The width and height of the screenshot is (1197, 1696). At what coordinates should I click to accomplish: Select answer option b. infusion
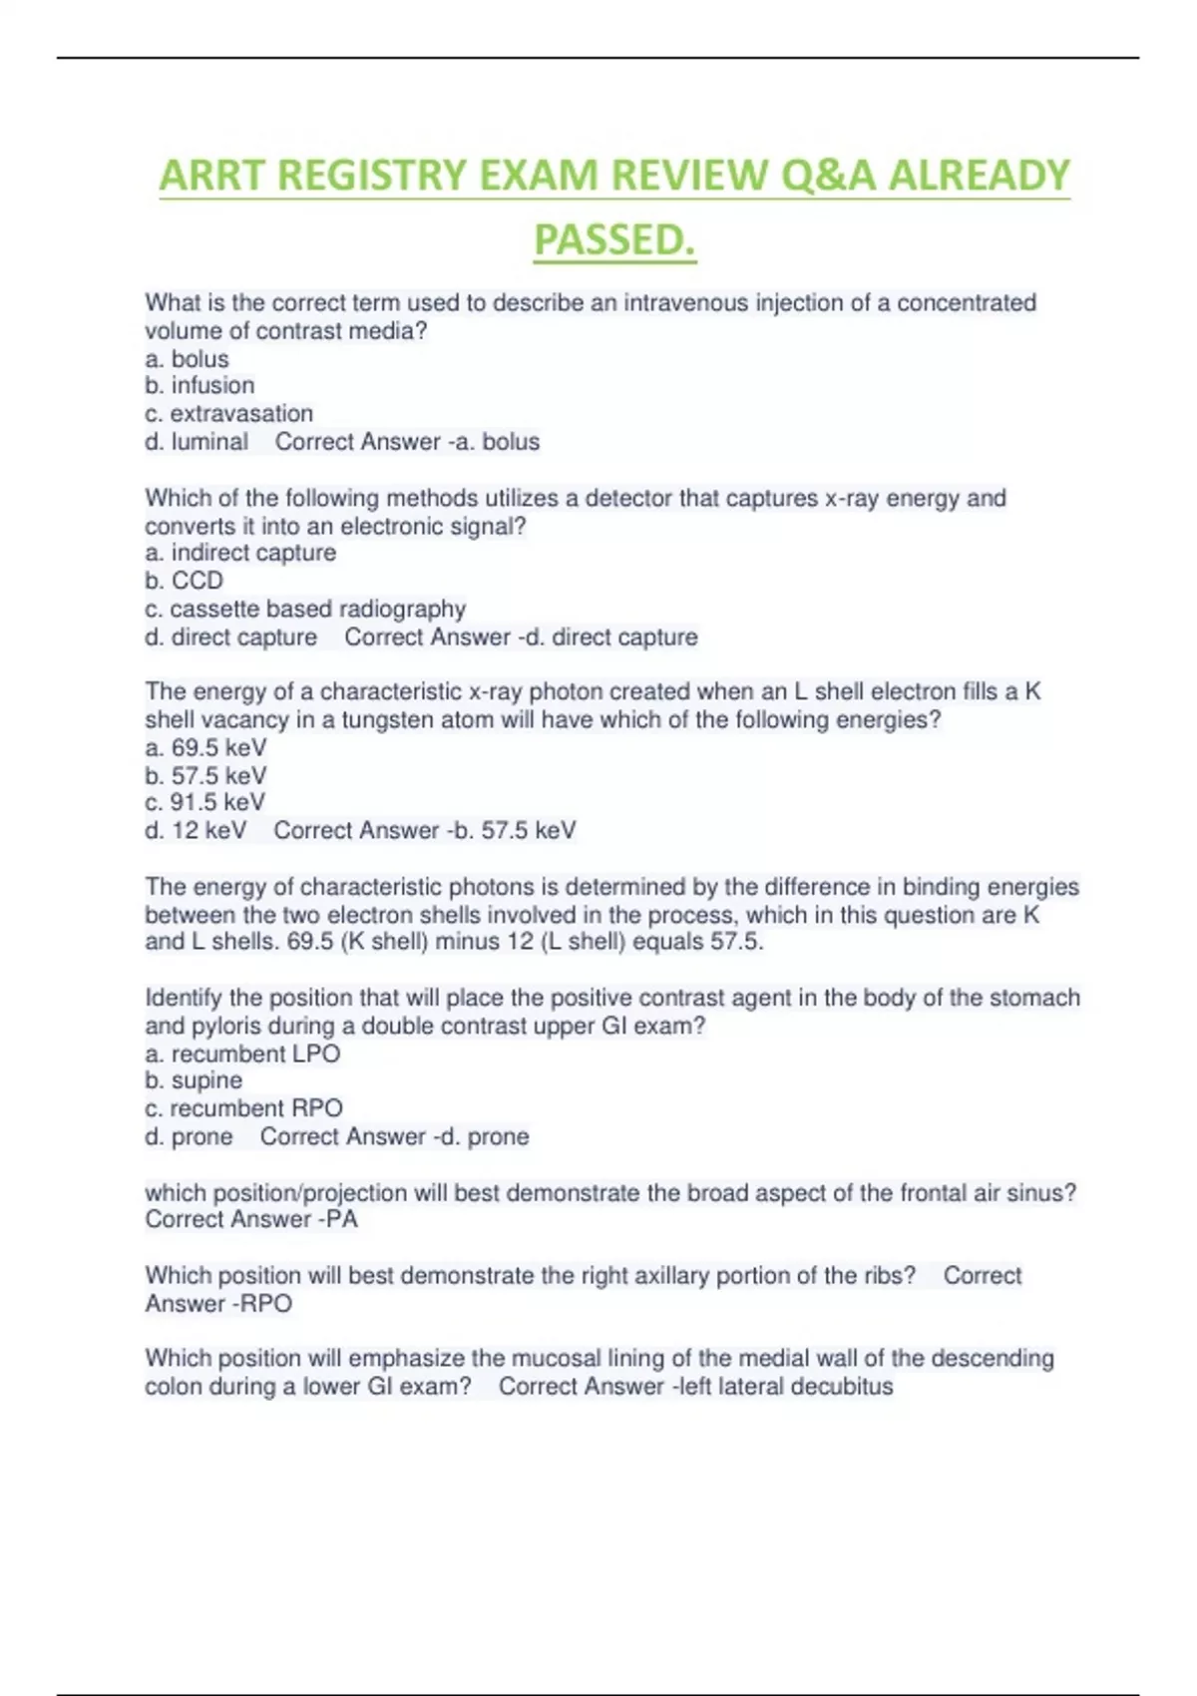[199, 385]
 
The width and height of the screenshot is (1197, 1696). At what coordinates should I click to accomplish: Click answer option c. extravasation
[228, 413]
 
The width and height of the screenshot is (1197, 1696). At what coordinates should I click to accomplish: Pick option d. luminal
[197, 441]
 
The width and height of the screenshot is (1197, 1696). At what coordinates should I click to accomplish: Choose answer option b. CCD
[184, 581]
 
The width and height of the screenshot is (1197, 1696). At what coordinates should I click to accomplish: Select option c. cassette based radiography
[305, 609]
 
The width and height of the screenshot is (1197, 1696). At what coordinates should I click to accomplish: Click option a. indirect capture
[240, 553]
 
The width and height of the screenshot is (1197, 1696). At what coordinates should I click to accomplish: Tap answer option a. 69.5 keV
[205, 747]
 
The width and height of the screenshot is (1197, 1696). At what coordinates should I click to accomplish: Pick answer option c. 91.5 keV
[205, 802]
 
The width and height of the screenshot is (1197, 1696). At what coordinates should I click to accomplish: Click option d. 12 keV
[196, 830]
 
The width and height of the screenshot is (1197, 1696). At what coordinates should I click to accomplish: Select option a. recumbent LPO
[242, 1054]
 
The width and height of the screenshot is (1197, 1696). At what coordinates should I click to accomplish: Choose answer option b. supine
[194, 1080]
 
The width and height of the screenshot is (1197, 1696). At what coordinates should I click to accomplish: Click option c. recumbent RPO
[243, 1108]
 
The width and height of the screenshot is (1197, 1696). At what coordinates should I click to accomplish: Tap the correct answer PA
[341, 1219]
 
